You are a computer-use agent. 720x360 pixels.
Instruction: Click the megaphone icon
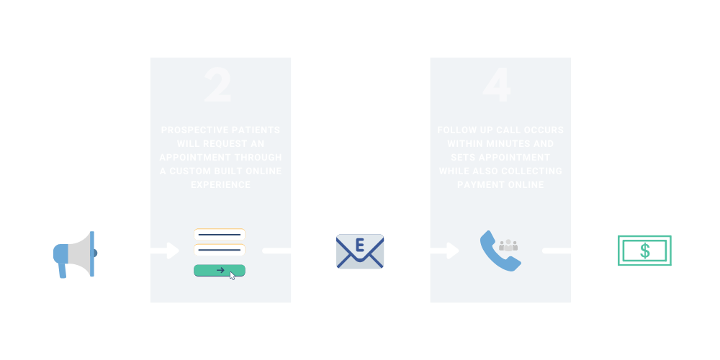[74, 253]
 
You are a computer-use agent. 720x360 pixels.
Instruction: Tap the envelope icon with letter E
[360, 251]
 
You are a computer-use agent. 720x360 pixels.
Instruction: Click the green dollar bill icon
[644, 251]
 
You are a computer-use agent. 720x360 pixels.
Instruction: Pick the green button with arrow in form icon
[220, 271]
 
